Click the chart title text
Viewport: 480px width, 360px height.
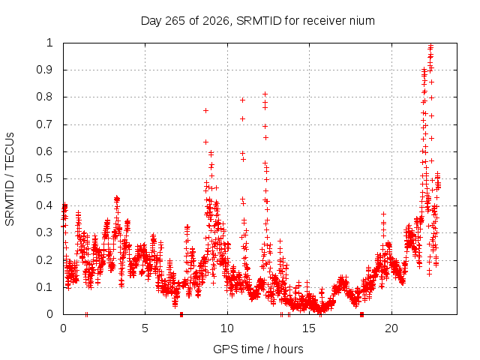click(258, 21)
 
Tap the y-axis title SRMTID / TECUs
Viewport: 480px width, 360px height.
click(10, 179)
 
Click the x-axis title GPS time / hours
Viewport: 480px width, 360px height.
click(258, 349)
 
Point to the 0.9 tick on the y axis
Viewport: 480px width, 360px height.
click(44, 70)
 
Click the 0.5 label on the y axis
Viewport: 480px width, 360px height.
click(44, 178)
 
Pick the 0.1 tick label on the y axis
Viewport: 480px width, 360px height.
click(44, 287)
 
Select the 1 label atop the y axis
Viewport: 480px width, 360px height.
click(49, 43)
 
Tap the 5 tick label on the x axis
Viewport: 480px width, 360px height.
click(145, 328)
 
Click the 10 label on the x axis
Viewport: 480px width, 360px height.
click(226, 328)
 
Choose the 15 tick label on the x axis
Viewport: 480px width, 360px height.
click(309, 328)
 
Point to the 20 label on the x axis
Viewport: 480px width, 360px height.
click(391, 328)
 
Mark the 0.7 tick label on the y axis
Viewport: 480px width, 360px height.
click(44, 124)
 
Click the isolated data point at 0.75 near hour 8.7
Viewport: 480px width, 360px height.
click(205, 110)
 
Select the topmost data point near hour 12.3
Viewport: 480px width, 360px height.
click(265, 94)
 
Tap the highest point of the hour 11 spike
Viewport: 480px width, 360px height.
click(242, 100)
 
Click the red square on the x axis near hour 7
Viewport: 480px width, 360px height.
click(181, 314)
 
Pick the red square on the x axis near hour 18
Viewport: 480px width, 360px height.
click(361, 314)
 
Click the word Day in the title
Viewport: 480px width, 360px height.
click(151, 21)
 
